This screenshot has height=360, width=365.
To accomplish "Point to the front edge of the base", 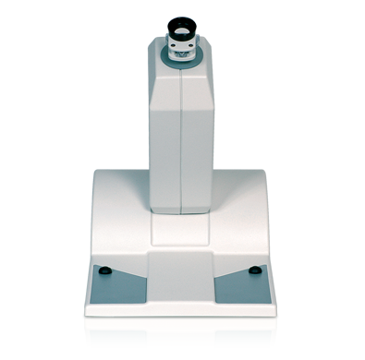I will coord(181,309).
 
